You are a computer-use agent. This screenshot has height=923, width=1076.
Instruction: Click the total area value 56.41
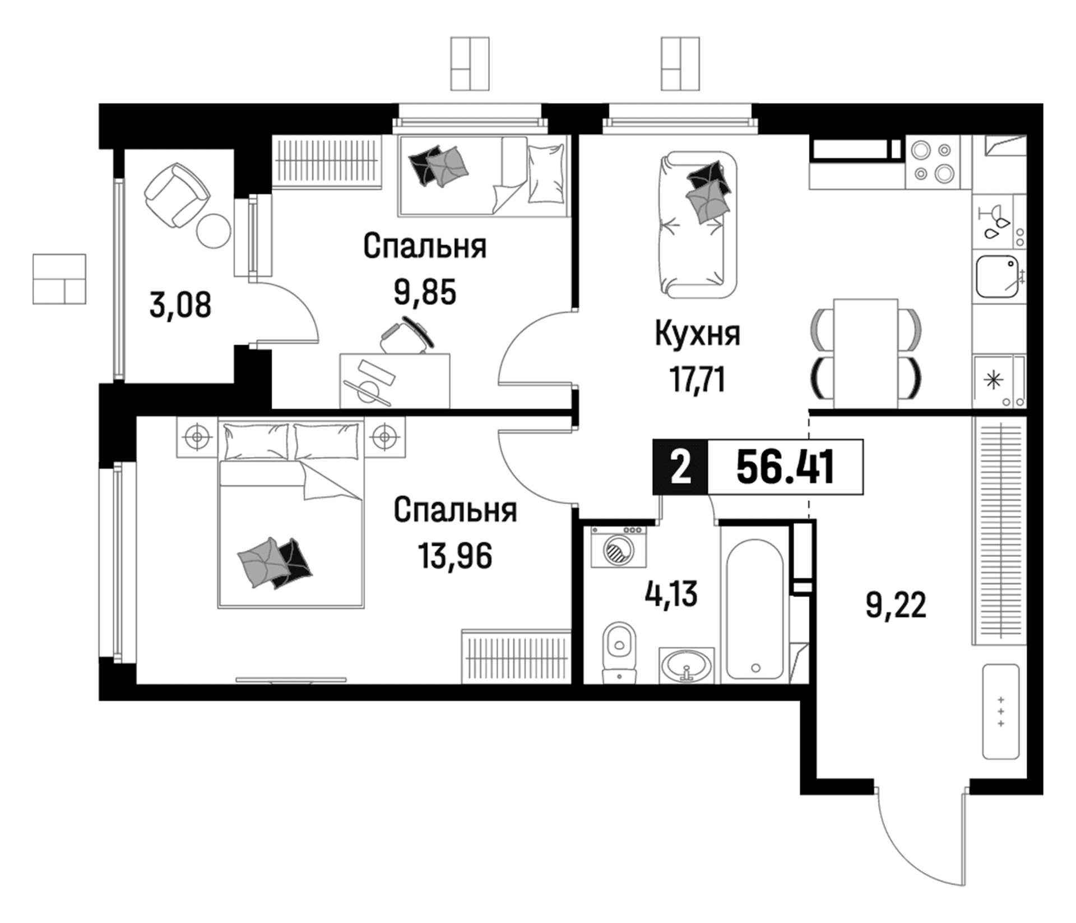point(785,467)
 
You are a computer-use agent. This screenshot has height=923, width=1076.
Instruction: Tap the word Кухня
point(697,334)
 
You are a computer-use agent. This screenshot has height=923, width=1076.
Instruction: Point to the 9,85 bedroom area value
point(425,292)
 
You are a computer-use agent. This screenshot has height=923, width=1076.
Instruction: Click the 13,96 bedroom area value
point(454,556)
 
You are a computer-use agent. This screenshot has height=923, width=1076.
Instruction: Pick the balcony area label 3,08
point(180,306)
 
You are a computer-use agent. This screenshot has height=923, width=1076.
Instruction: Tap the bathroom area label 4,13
point(671,594)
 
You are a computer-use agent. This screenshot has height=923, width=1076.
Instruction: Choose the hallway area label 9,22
point(896,606)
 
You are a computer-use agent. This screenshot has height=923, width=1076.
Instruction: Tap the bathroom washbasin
point(687,666)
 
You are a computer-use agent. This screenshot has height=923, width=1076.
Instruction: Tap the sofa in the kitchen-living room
point(697,225)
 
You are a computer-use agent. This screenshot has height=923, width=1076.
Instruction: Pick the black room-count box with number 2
point(681,467)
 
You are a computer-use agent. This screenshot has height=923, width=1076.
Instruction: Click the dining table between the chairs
point(866,354)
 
